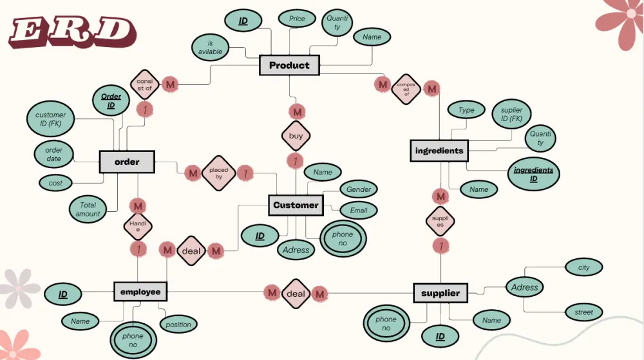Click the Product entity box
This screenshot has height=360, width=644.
click(289, 65)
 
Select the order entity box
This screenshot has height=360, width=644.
click(127, 162)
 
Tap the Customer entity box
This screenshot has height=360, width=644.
click(296, 205)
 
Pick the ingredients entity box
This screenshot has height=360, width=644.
click(439, 151)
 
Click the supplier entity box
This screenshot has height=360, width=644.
click(440, 293)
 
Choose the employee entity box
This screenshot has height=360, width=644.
click(140, 292)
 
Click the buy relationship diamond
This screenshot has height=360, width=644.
click(296, 137)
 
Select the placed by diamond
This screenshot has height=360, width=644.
click(215, 173)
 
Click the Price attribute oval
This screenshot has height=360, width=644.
click(297, 19)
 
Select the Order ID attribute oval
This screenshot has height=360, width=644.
click(111, 101)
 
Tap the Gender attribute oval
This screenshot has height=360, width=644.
click(359, 189)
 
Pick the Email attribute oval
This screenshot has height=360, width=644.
click(359, 210)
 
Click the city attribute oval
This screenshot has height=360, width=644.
click(583, 267)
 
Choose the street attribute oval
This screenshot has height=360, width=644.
click(583, 312)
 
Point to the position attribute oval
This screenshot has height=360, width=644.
click(178, 324)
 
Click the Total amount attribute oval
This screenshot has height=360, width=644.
click(88, 209)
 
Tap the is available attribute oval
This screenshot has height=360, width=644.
click(211, 47)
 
